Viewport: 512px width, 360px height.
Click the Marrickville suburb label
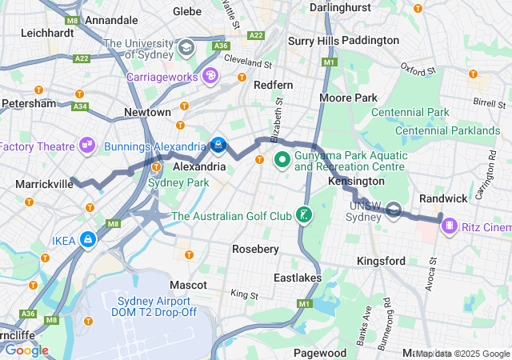(x=44, y=184)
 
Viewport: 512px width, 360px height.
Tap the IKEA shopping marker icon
(x=86, y=239)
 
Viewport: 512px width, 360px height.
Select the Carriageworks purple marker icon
(x=210, y=77)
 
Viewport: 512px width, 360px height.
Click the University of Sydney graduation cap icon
(x=186, y=48)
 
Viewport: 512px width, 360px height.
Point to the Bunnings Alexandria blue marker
(x=218, y=145)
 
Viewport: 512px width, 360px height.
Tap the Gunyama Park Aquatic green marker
(x=282, y=160)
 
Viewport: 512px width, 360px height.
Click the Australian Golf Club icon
(x=304, y=214)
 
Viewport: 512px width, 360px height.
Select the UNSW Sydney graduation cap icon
(x=394, y=211)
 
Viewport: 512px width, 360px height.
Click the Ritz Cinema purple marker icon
(x=450, y=226)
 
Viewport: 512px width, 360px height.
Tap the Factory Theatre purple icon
(x=86, y=146)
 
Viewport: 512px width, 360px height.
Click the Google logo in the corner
(x=26, y=350)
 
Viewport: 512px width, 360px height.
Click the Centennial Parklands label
(x=447, y=130)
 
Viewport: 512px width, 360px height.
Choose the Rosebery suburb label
(x=255, y=249)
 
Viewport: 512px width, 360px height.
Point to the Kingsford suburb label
(x=381, y=261)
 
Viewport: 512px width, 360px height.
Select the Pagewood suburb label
(x=320, y=352)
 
